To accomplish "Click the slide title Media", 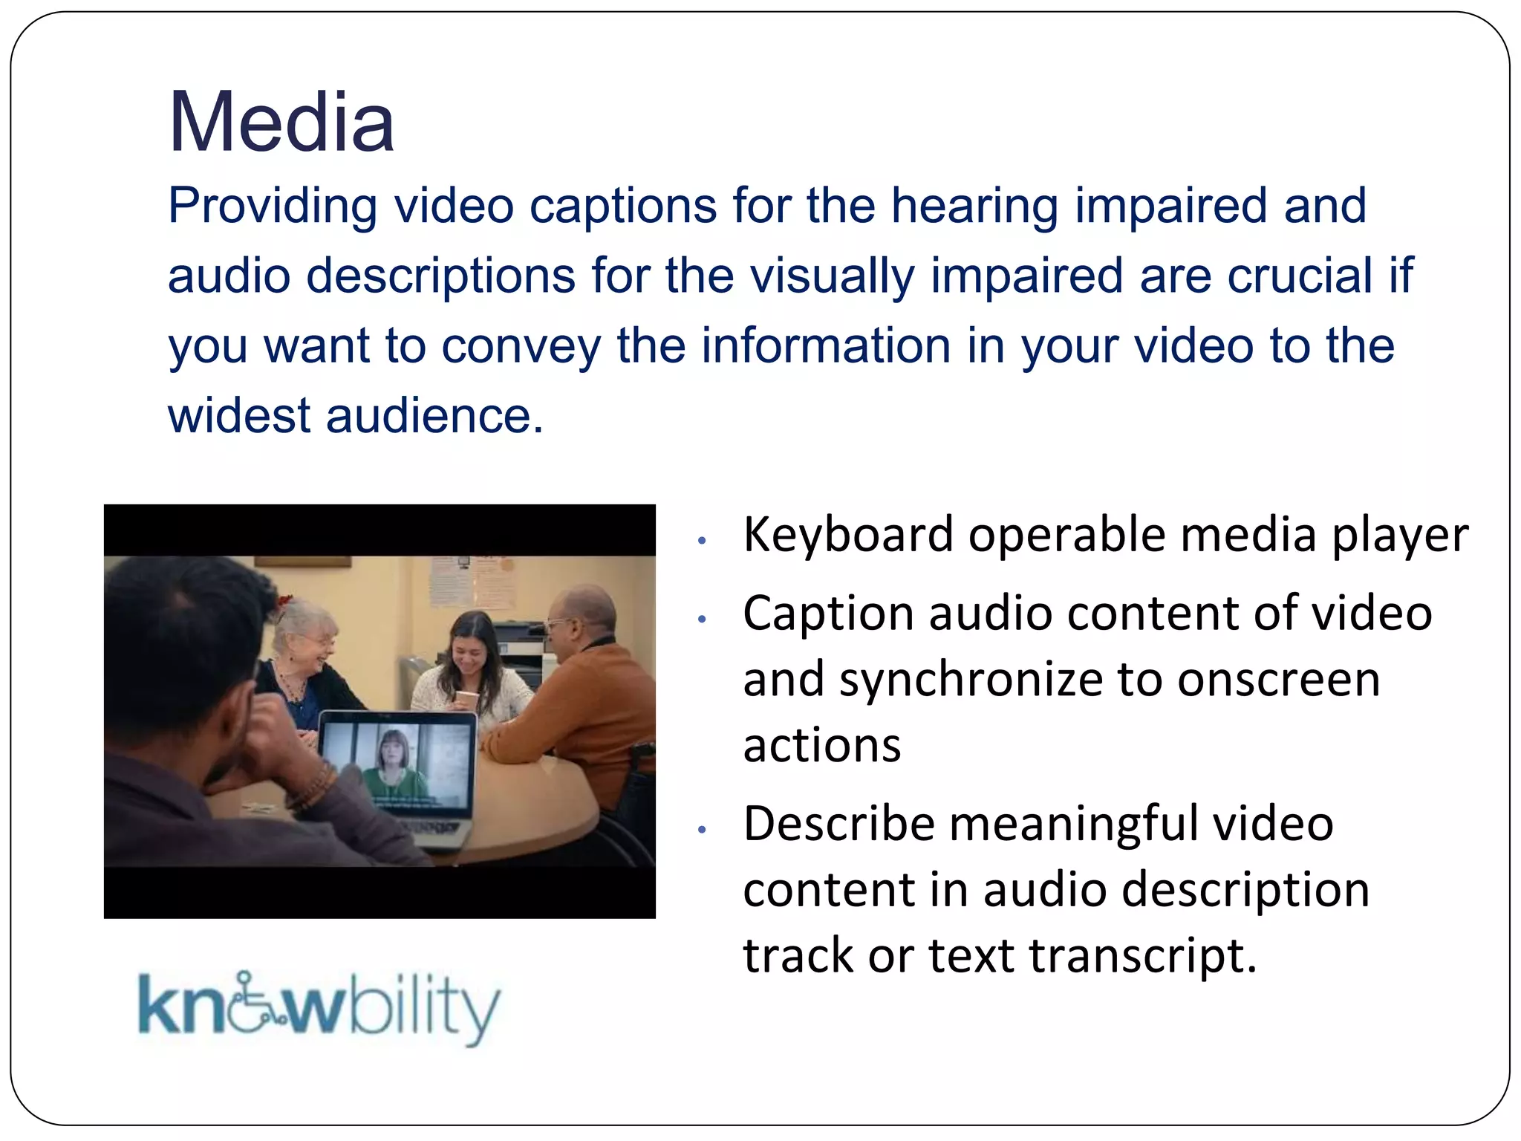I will click(281, 122).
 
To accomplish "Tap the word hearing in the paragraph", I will click(974, 206).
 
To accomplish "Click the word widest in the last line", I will click(238, 415).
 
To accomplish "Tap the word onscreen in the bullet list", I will click(1278, 680).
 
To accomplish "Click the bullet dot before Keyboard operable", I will click(701, 541).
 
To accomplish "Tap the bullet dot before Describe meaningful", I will click(701, 830).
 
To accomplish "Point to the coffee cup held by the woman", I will click(466, 702).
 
